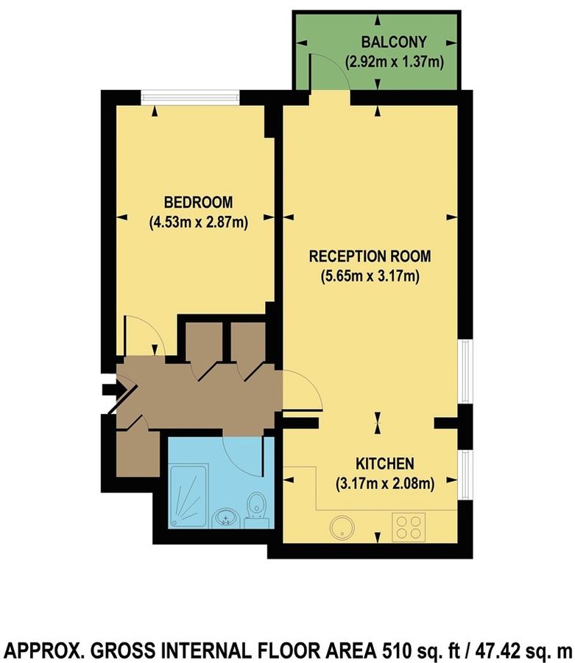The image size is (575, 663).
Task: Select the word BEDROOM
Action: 198,202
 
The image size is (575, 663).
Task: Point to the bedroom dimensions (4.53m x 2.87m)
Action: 198,221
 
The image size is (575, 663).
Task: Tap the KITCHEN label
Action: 385,464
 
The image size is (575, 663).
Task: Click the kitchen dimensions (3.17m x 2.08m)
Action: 385,484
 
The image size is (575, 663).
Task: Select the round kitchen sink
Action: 342,526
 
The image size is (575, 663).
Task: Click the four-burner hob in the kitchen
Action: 409,526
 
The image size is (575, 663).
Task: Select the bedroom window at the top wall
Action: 191,95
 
